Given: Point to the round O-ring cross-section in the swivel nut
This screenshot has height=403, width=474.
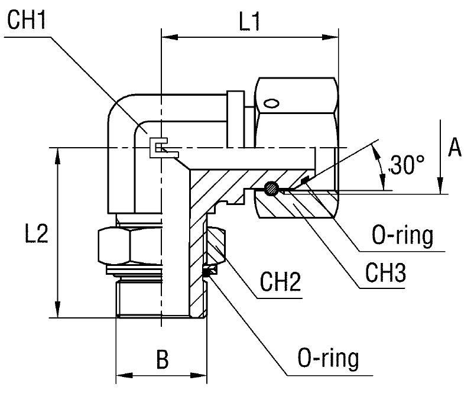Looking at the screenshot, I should tap(271, 188).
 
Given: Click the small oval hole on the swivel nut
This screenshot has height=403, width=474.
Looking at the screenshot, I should tap(271, 104).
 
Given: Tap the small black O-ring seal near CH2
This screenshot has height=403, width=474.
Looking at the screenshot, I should tap(207, 271).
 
